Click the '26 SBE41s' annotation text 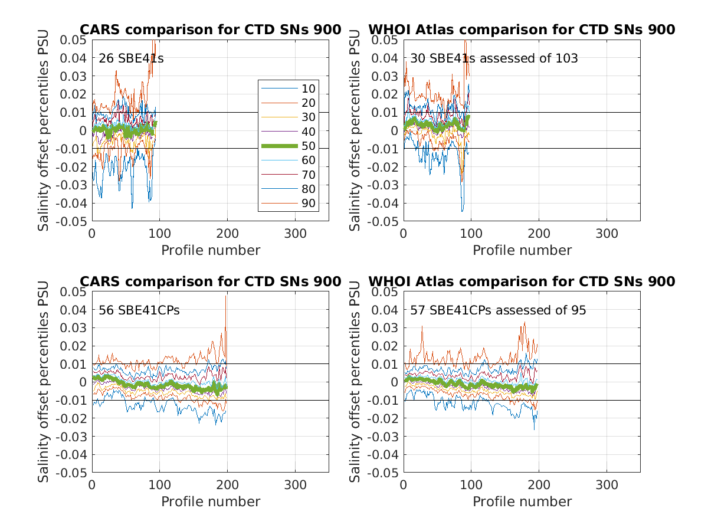[131, 58]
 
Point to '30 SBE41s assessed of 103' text [494, 58]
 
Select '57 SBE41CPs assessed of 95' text [498, 310]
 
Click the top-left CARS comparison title [210, 29]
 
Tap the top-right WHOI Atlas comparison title [522, 29]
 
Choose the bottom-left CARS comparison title [210, 281]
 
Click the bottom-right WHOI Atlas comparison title [522, 281]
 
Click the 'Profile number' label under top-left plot [211, 250]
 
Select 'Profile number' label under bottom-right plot [522, 501]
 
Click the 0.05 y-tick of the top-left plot [74, 40]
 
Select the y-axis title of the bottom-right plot [355, 382]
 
